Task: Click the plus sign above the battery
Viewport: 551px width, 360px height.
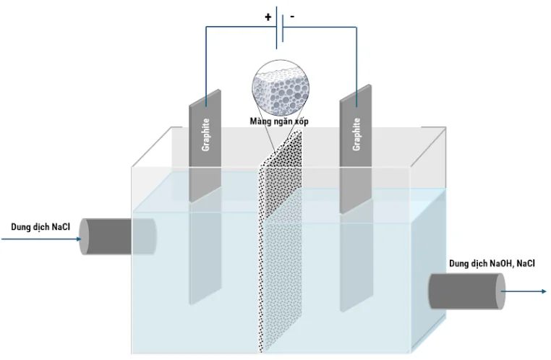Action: [x=268, y=16]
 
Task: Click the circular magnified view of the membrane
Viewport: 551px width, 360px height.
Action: [x=280, y=86]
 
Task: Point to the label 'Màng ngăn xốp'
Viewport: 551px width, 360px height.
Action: [x=280, y=122]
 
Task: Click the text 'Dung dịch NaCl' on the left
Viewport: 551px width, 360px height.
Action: [x=40, y=226]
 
